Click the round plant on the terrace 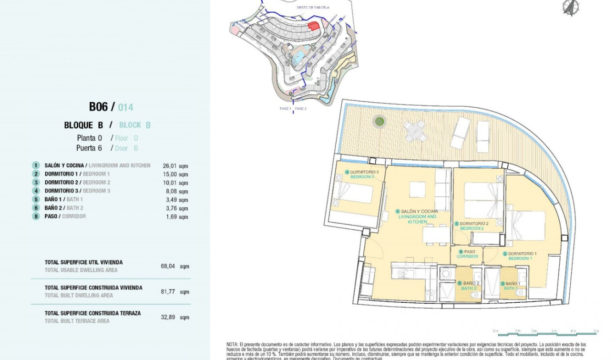pos(379,122)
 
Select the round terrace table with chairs pos(415,131)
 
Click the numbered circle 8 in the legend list pos(36,216)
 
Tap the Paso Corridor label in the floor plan pos(467,254)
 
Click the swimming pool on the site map pos(299,58)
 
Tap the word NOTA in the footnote pos(232,344)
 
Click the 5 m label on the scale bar pos(595,330)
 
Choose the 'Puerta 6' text pos(89,148)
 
